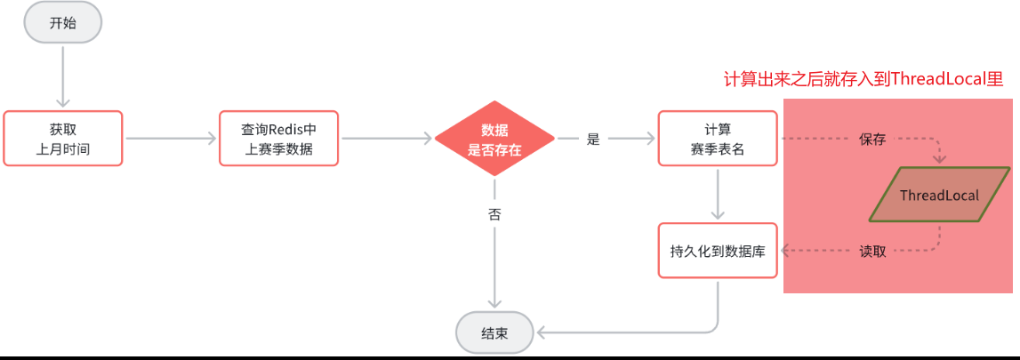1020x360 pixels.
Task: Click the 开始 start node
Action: [x=63, y=23]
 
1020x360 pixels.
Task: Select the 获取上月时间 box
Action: [x=63, y=139]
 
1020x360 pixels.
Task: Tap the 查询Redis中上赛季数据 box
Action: [x=279, y=139]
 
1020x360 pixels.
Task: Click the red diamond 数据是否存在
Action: [x=494, y=140]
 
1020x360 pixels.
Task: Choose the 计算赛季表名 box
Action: [x=718, y=139]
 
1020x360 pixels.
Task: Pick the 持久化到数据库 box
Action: [x=718, y=251]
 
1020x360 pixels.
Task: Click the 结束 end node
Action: [x=494, y=333]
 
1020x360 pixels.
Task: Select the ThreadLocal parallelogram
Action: [x=939, y=195]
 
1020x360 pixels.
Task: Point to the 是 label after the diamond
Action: [x=594, y=140]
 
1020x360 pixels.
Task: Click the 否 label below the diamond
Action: [x=494, y=214]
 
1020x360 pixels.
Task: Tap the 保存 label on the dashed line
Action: [x=872, y=140]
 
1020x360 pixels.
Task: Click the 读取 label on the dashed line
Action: [x=872, y=251]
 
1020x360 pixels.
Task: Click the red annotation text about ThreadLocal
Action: [x=863, y=79]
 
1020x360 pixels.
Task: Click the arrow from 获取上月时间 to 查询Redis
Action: [x=172, y=139]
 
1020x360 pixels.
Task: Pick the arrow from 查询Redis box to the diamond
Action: [x=388, y=139]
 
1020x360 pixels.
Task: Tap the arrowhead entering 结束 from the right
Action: [x=540, y=333]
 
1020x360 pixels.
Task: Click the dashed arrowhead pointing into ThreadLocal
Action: [x=940, y=160]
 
